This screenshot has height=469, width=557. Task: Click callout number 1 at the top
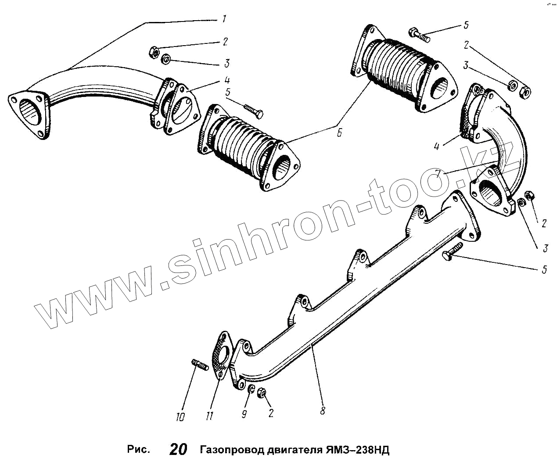[x=224, y=19]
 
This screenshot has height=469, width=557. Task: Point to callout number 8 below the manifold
[x=323, y=411]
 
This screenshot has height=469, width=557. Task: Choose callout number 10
[x=180, y=417]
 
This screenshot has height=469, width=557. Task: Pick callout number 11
[x=209, y=415]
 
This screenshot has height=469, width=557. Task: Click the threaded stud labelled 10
[x=200, y=364]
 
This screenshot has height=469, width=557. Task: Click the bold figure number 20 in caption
[x=178, y=450]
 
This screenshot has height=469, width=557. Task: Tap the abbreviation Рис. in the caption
[x=139, y=450]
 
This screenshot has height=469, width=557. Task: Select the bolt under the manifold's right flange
[x=452, y=251]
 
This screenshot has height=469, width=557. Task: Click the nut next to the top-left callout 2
[x=155, y=51]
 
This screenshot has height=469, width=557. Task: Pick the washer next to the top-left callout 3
[x=165, y=59]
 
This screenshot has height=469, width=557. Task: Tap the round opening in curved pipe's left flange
[x=30, y=111]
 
